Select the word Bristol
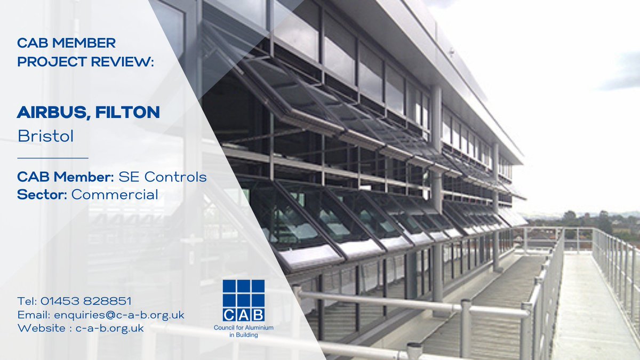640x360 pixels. coord(45,136)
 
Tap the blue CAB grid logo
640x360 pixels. coord(244,300)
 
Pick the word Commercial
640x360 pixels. coord(115,195)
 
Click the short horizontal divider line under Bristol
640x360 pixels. coord(53,158)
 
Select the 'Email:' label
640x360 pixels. coord(34,315)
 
